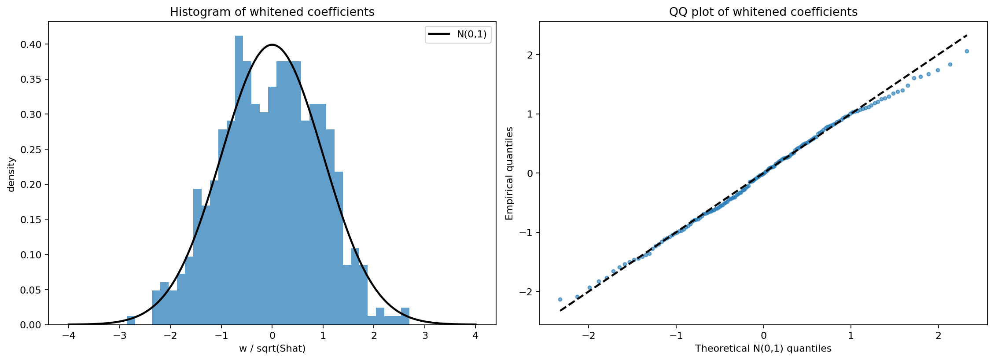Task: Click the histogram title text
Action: click(x=272, y=12)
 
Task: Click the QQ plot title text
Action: click(x=763, y=12)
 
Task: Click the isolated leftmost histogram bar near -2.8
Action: click(x=131, y=320)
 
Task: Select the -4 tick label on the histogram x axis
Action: click(x=68, y=336)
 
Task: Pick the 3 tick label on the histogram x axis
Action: click(x=425, y=336)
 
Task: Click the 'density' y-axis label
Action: click(x=11, y=174)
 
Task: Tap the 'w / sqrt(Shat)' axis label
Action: click(x=272, y=349)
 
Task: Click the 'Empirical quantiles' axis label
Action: click(x=509, y=173)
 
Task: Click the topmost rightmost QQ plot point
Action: click(x=967, y=51)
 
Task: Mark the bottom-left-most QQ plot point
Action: click(x=560, y=299)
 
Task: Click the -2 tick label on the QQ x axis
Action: click(x=589, y=336)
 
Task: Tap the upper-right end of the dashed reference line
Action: click(x=967, y=35)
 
